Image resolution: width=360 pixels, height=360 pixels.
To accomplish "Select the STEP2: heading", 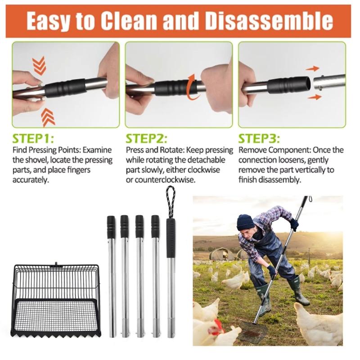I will point(147,138).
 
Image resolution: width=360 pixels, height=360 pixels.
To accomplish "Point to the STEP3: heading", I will point(259,138).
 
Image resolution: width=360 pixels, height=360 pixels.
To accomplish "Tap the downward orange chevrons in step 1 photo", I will point(40,66).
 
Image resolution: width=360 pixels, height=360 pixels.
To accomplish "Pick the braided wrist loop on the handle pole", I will point(171,201).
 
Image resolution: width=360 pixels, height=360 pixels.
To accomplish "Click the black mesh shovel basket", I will point(56,299).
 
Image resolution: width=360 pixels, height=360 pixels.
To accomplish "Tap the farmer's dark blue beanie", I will point(245,221).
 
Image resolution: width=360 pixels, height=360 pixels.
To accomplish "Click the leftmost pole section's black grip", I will point(111,227).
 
